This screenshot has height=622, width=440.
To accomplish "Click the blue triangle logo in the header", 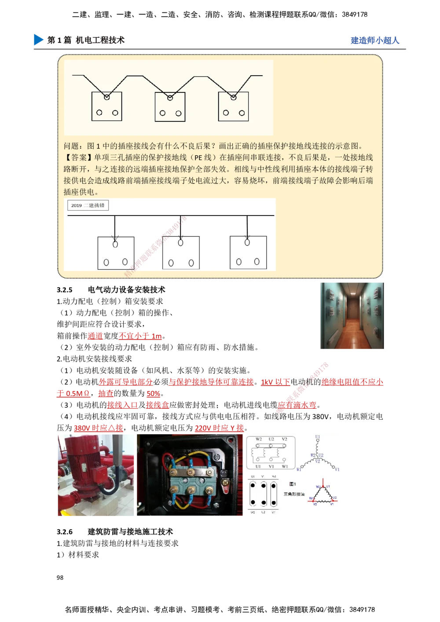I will pyautogui.click(x=38, y=39).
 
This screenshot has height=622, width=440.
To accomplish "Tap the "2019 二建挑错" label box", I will pyautogui.click(x=88, y=205).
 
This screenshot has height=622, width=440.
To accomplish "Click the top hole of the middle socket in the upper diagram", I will pyautogui.click(x=170, y=97).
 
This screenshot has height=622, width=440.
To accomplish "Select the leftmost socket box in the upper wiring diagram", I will pyautogui.click(x=106, y=106).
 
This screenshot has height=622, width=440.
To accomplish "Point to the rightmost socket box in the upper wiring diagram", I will pyautogui.click(x=233, y=106).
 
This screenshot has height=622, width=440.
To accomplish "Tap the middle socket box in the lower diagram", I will pyautogui.click(x=181, y=253).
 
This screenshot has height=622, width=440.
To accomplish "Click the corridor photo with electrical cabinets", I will pyautogui.click(x=352, y=316).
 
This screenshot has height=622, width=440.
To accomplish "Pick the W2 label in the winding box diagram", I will pyautogui.click(x=259, y=439).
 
